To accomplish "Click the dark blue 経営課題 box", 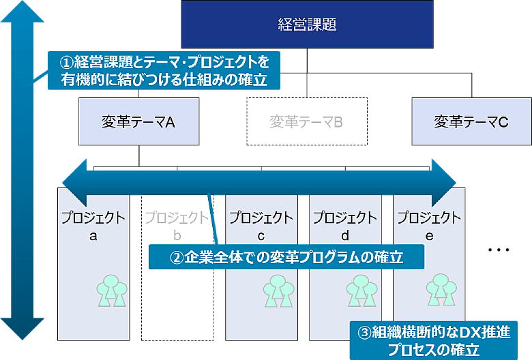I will coord(308,25).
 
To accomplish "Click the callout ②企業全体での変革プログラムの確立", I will coord(286,258).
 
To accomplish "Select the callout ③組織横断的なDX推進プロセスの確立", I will coord(433,340).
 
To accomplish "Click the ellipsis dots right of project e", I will coord(499,250).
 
